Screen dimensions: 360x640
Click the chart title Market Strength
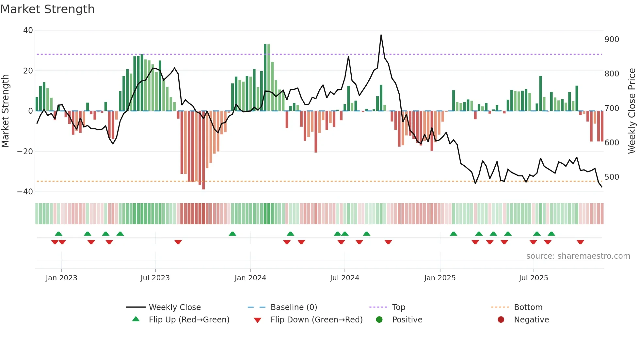[47, 9]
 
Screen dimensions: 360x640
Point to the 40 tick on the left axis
[28, 30]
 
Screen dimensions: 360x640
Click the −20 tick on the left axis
[25, 151]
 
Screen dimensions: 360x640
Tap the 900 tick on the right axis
[612, 40]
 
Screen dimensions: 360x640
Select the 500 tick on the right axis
[612, 177]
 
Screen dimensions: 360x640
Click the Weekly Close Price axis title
[632, 111]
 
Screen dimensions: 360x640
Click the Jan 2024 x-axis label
[250, 278]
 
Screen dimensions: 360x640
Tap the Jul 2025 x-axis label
[534, 278]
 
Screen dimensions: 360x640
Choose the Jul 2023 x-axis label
[155, 278]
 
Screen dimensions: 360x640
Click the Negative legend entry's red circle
[501, 319]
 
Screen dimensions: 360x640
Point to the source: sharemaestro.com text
[578, 256]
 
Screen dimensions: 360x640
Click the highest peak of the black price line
[381, 35]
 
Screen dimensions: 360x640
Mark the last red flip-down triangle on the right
[580, 242]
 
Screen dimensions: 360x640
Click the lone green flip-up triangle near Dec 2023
[232, 234]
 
